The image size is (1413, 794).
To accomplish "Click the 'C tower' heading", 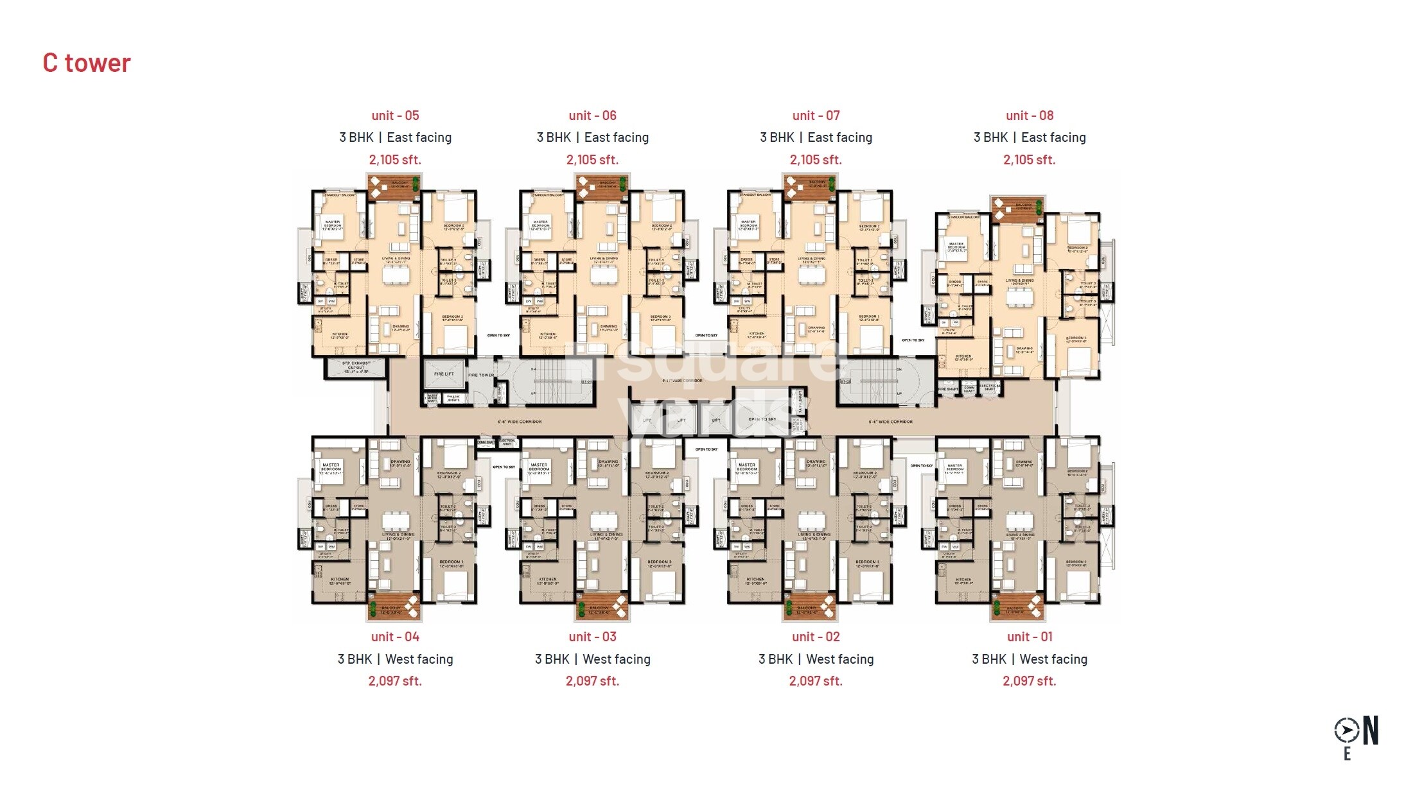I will click(x=87, y=63).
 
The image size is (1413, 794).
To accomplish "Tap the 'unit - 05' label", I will click(x=395, y=116).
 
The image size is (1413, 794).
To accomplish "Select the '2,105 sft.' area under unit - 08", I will click(x=1029, y=160).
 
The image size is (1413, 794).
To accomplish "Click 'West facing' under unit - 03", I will click(x=616, y=659).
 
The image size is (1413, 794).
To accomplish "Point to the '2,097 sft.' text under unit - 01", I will click(x=1029, y=681).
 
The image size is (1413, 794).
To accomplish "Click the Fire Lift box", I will click(x=443, y=374).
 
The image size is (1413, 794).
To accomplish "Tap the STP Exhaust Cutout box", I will click(x=356, y=368).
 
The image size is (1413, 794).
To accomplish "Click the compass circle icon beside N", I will click(x=1346, y=730).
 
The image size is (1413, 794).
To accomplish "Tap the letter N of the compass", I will click(x=1371, y=730).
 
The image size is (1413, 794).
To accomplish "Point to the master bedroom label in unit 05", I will click(x=333, y=225).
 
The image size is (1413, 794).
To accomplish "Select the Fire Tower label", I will click(x=481, y=375).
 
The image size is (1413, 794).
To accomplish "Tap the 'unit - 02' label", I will click(x=816, y=637).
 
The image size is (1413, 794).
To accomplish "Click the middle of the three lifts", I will click(x=681, y=420).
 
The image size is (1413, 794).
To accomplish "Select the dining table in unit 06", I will click(x=604, y=275).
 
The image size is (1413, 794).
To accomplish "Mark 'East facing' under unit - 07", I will click(x=839, y=137).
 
